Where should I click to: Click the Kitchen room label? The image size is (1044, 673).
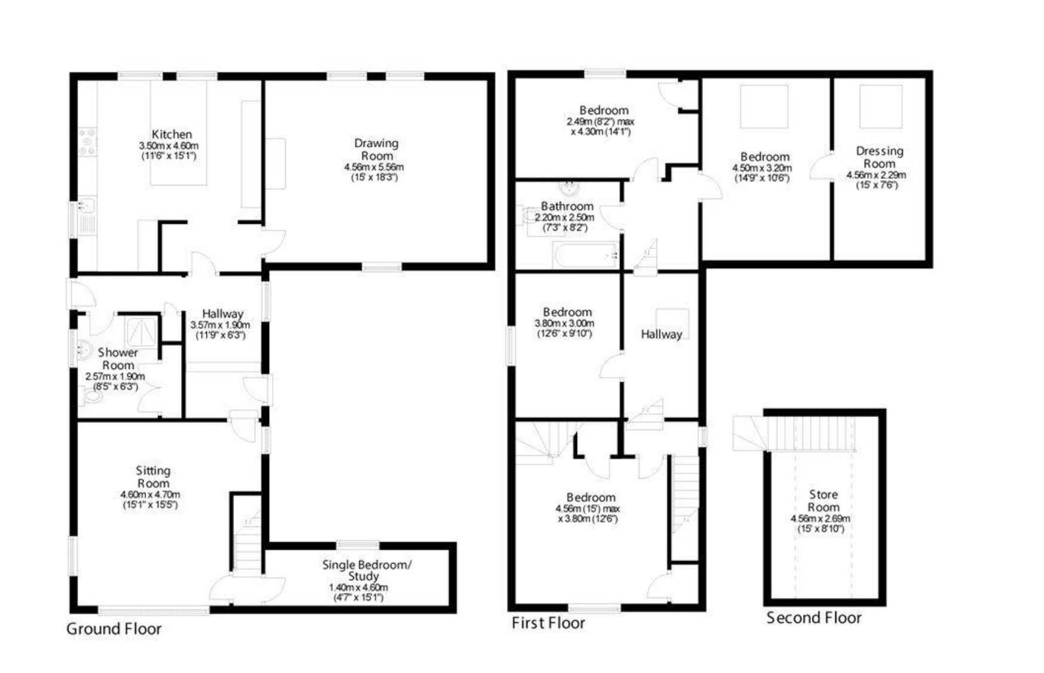172,135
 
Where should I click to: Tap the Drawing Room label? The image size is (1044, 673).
376,149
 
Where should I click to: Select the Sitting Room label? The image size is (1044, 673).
153,477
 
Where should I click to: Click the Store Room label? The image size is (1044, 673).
823,501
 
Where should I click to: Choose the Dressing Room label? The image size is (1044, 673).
879,157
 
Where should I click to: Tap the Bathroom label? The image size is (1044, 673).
567,206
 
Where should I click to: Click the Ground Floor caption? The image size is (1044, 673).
114,629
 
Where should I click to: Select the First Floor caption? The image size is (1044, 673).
548,623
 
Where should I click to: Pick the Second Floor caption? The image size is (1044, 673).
814,618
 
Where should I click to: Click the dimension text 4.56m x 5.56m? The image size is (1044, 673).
374,167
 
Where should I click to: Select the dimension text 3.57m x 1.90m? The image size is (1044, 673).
220,325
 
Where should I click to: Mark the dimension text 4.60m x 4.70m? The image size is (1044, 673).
150,495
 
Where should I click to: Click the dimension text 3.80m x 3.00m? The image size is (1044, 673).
564,324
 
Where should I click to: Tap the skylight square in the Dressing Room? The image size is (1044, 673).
881,106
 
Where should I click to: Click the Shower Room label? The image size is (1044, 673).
118,359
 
